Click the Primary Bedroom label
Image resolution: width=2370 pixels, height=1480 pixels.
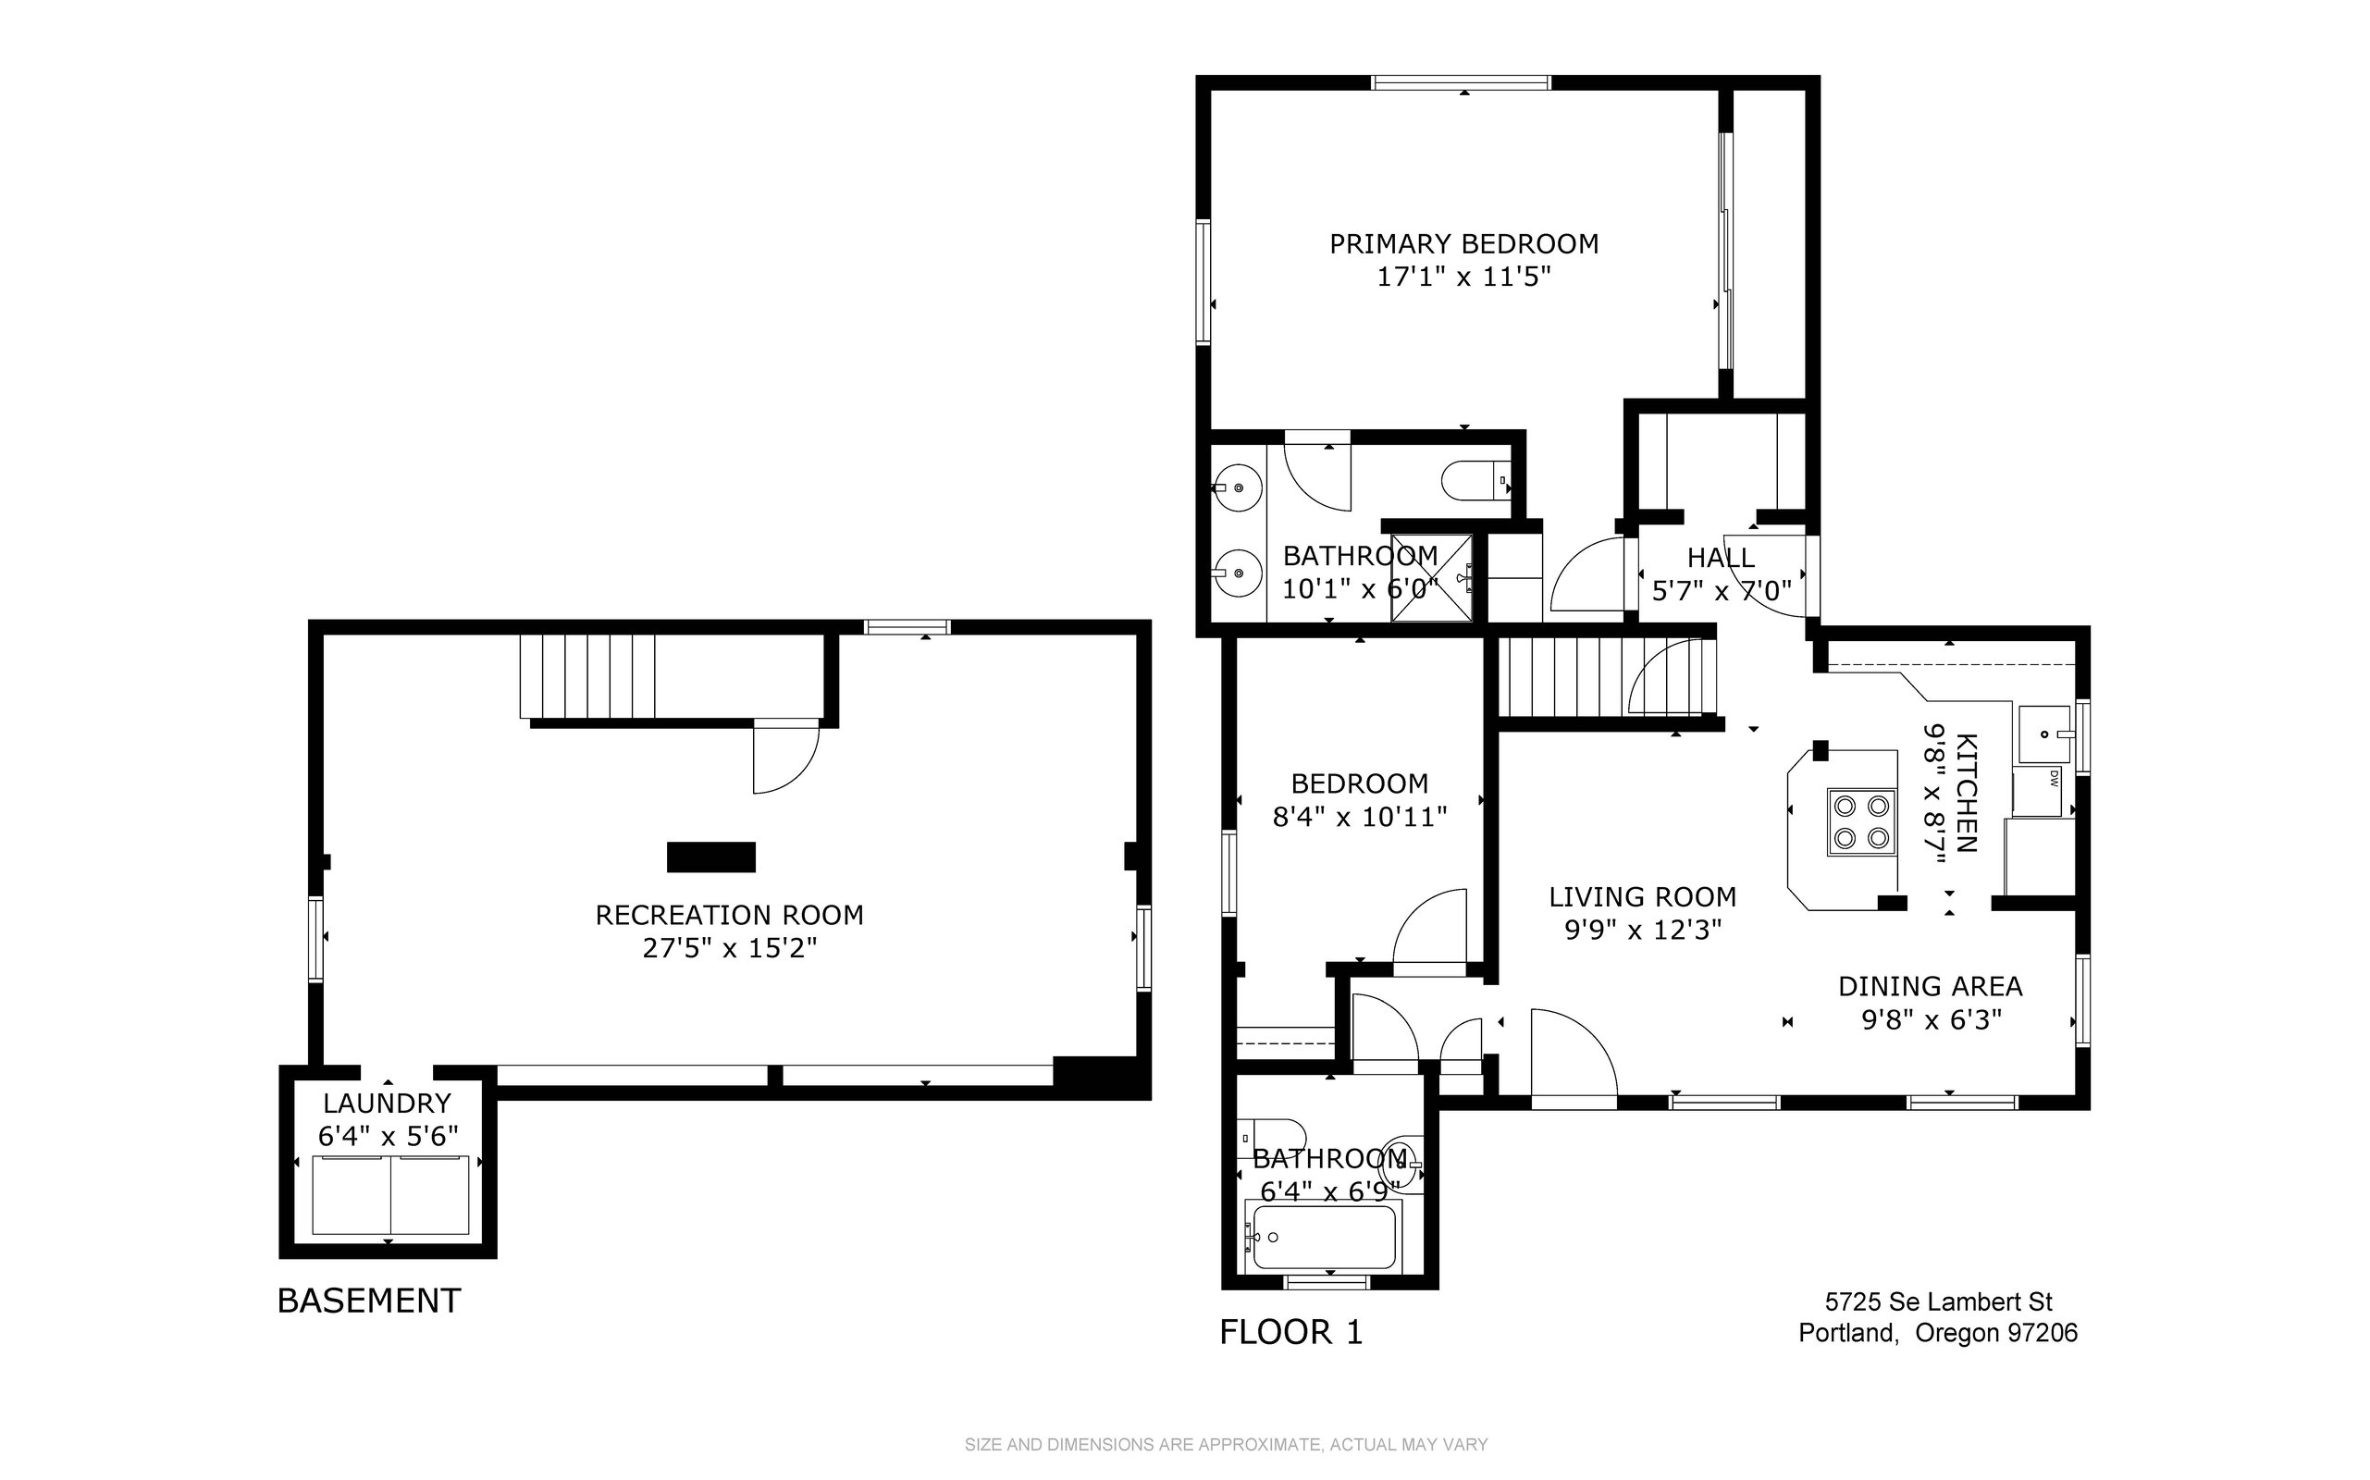click(1463, 243)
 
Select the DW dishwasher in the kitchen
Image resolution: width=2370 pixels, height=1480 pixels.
click(2038, 792)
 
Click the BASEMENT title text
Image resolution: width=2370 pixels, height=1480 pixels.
click(369, 1300)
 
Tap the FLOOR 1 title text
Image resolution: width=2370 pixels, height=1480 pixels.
click(1291, 1331)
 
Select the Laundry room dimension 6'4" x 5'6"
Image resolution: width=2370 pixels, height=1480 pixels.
click(389, 1137)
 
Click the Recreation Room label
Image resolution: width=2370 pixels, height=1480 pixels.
click(729, 915)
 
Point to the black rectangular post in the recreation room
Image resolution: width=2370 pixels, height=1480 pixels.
click(710, 857)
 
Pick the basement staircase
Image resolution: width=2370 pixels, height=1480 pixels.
click(586, 676)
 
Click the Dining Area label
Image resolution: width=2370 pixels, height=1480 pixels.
click(1931, 986)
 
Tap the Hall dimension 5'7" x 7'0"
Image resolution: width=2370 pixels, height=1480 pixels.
click(1722, 590)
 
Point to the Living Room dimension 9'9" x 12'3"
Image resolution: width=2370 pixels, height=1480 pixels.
click(1643, 929)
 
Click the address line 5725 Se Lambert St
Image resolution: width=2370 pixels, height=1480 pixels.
click(1938, 1301)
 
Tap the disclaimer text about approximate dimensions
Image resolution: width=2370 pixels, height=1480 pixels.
click(1226, 1445)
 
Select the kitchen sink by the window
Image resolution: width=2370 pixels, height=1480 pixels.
click(2043, 734)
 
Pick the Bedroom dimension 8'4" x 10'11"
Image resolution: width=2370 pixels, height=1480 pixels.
click(1360, 817)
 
